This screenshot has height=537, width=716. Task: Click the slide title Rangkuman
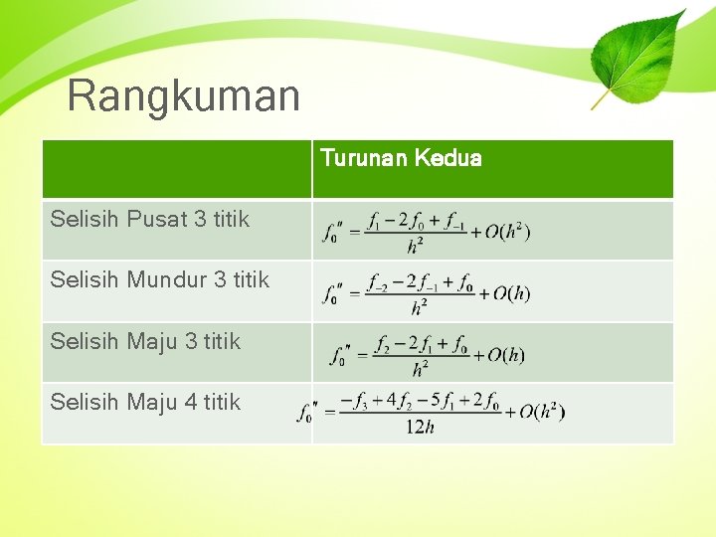183,96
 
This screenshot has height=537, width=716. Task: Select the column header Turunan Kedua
401,158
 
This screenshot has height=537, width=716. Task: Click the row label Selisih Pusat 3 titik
150,219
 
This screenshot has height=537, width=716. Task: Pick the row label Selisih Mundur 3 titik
160,279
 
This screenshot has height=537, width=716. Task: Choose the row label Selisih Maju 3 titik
145,341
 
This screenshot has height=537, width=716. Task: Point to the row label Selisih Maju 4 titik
145,402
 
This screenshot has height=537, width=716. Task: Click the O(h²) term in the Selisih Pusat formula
506,232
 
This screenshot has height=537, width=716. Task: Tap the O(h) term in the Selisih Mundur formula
504,292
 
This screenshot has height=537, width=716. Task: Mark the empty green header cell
176,169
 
